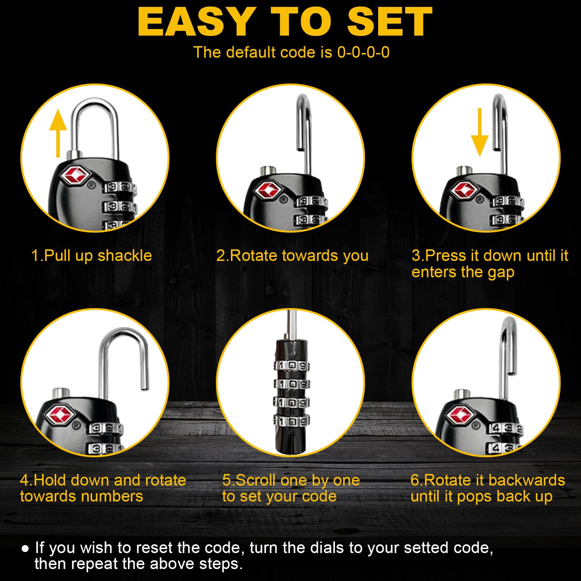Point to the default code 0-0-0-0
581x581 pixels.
[x=363, y=52]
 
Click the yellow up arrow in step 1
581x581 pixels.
[x=58, y=133]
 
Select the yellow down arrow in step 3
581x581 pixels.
[x=479, y=132]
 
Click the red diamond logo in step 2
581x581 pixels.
[x=268, y=190]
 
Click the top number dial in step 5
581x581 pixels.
[x=292, y=365]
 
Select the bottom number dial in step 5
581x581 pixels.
[x=292, y=421]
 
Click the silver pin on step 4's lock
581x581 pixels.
[x=61, y=393]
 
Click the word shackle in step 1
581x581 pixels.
[x=124, y=256]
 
